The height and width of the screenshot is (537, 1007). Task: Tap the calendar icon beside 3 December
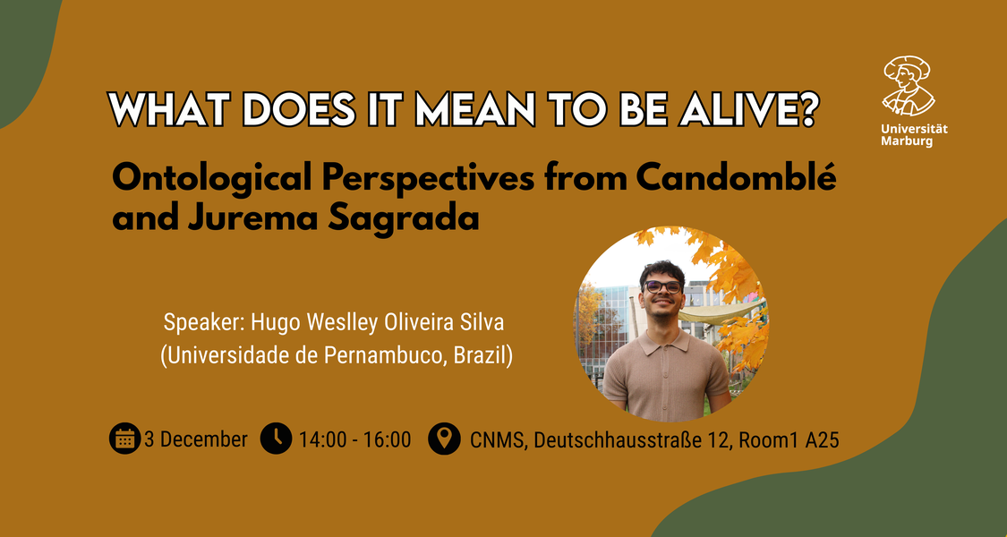pyautogui.click(x=124, y=439)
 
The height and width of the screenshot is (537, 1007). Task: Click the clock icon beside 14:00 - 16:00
pyautogui.click(x=277, y=439)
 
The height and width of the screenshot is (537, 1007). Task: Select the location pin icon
pyautogui.click(x=444, y=439)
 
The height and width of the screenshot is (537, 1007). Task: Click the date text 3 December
pyautogui.click(x=196, y=439)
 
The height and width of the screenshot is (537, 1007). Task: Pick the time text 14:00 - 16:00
pyautogui.click(x=354, y=439)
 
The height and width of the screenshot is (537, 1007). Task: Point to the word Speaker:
pyautogui.click(x=204, y=322)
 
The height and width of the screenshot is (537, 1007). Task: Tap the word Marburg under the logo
pyautogui.click(x=907, y=141)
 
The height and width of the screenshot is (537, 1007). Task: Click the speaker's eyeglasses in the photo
pyautogui.click(x=663, y=286)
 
